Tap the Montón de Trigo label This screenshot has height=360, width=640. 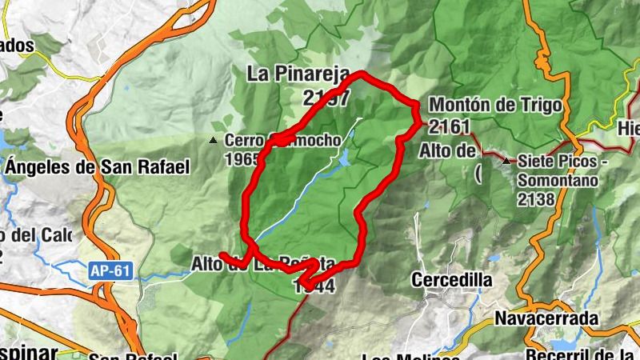(x=495, y=106)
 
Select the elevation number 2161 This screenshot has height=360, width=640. (x=447, y=126)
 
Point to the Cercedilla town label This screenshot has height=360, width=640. (x=451, y=280)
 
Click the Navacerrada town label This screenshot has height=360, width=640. (x=546, y=318)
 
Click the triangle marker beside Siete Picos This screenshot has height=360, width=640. (x=506, y=161)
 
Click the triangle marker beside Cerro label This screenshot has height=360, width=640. (x=214, y=140)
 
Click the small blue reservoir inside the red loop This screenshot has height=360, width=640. (x=344, y=160)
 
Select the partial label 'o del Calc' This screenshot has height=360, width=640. (x=36, y=236)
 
